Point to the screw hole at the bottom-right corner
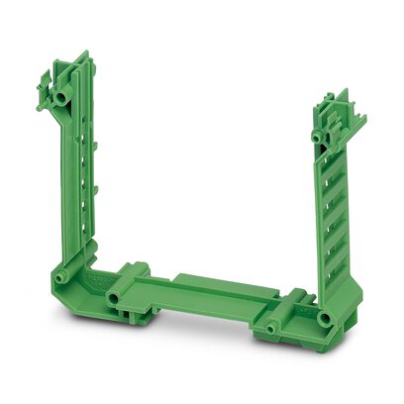324,318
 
